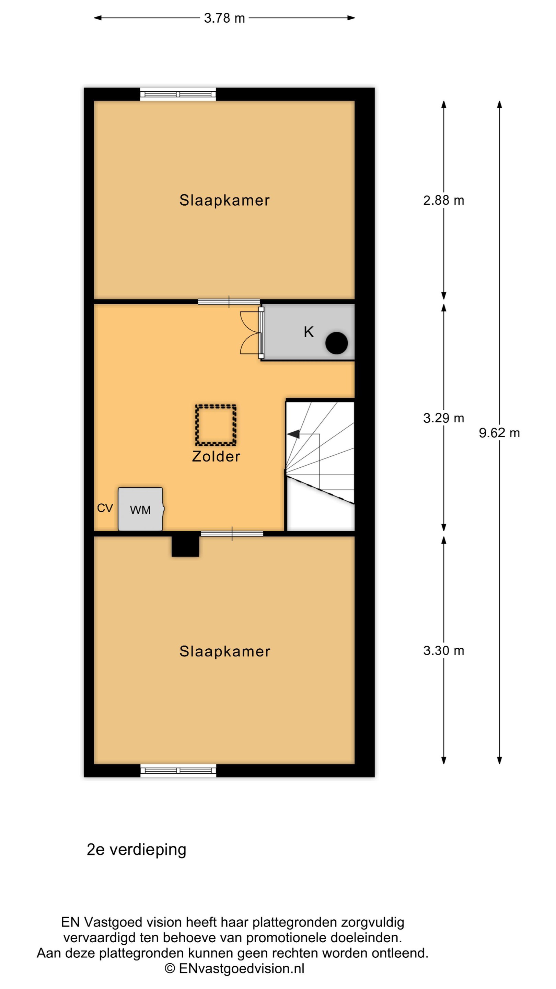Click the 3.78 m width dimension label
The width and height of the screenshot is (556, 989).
224,18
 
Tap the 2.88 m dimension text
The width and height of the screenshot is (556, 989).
443,201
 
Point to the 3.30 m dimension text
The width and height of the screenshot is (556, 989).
443,650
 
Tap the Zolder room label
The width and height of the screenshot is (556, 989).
216,456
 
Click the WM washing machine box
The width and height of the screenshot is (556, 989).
141,509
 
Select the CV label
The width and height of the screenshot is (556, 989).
105,508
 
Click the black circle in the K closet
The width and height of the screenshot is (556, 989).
336,343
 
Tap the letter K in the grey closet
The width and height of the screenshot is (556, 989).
309,332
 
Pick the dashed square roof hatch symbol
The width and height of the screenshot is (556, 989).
216,425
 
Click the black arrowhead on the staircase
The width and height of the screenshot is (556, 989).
293,434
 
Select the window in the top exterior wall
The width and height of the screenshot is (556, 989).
178,94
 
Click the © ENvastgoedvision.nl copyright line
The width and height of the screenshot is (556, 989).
234,968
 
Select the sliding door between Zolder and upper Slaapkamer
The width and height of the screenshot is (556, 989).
229,302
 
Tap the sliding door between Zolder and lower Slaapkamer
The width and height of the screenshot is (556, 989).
232,534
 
